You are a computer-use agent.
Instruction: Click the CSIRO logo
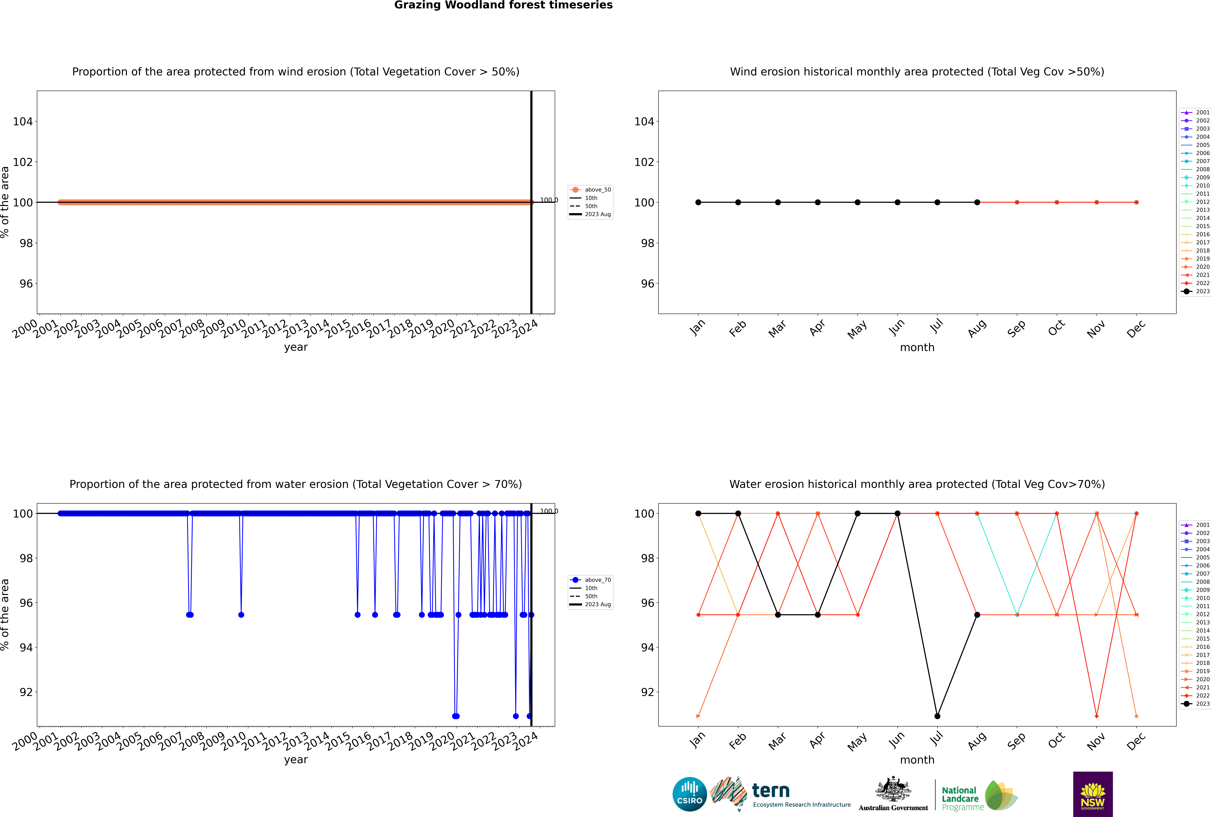689,794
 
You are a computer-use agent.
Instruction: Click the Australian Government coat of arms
893,790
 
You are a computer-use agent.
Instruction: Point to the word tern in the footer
771,791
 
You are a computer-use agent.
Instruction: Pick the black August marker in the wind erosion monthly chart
977,202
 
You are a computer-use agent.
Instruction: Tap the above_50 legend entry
590,190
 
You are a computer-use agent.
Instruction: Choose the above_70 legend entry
590,580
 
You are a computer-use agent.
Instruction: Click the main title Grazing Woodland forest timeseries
503,5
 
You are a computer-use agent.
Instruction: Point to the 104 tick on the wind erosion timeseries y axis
22,121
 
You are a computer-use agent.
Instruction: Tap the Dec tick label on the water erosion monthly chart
1136,741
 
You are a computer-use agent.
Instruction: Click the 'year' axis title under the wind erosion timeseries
296,347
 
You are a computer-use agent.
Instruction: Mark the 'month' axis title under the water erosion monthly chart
917,760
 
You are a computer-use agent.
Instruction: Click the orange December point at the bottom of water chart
1136,716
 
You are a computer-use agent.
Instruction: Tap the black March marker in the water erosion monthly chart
778,615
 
